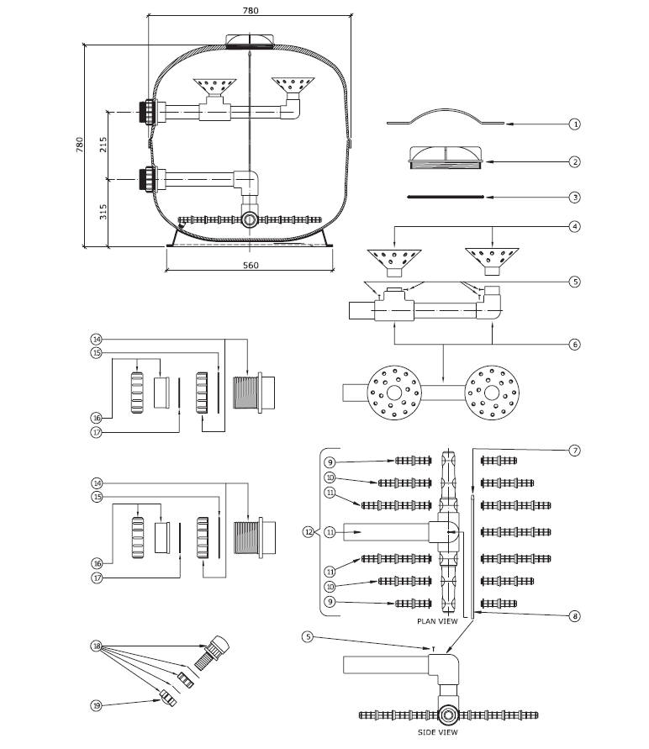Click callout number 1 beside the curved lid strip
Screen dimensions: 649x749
click(x=574, y=124)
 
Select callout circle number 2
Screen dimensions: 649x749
click(x=574, y=162)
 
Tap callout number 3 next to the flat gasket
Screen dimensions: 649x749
click(x=574, y=197)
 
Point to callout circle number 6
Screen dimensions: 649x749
click(x=574, y=344)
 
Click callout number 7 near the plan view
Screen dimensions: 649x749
click(x=574, y=451)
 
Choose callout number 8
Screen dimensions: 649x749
click(x=574, y=616)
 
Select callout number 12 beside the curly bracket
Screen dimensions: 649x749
click(x=308, y=531)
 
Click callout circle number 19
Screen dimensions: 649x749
click(x=97, y=705)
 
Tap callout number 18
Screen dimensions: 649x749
click(x=97, y=646)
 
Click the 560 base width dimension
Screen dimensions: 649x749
click(x=251, y=265)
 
